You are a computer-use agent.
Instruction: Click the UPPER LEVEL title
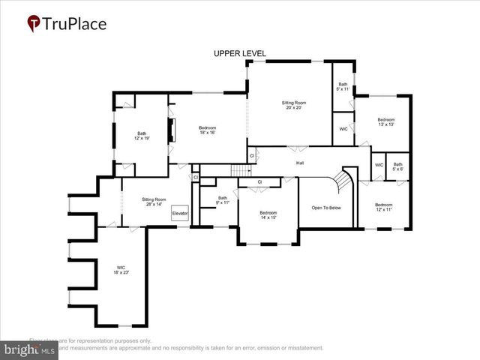239,53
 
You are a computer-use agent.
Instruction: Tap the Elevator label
180,214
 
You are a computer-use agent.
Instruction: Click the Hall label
300,163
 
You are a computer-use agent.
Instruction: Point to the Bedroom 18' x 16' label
207,130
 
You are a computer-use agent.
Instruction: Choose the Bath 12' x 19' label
142,136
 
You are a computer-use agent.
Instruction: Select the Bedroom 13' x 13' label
385,123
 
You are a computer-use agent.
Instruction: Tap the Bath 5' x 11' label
343,87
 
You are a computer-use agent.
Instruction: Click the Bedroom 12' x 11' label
383,207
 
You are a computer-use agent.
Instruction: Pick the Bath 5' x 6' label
397,166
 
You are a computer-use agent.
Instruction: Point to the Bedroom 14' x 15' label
268,214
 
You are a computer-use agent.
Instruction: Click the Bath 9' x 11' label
222,200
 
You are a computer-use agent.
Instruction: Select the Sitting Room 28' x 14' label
153,202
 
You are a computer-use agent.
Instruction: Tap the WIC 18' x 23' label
121,270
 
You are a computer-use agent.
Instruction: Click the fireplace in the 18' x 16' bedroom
171,130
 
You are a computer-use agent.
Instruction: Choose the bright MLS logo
30,349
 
